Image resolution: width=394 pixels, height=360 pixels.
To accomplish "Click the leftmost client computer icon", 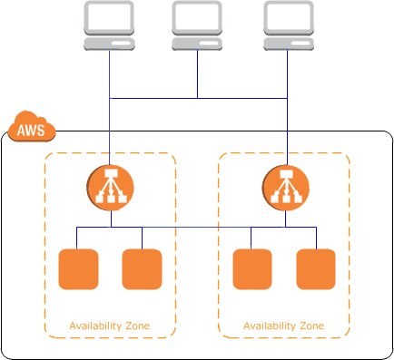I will pos(109,25).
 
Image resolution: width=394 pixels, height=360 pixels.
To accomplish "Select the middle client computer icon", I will pos(198,25).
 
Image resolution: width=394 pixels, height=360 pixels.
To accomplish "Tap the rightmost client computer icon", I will pos(287,25).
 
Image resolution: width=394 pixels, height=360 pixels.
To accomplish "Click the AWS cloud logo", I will pos(32,129).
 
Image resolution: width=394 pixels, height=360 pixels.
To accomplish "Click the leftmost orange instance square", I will pos(78,268).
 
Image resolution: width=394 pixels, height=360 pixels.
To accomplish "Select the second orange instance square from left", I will pos(142,268).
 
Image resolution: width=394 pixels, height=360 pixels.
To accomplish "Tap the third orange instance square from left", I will pos(252,268).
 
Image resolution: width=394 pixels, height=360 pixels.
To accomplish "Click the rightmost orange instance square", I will pos(316,268).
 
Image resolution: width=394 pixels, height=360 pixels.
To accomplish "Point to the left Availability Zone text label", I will pos(110,326).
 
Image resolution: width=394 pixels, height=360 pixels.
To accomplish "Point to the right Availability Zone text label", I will pos(283,326).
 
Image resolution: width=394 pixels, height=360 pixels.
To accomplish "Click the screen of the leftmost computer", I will pos(109,17).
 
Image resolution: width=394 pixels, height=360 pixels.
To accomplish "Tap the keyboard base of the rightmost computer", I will pos(287,42).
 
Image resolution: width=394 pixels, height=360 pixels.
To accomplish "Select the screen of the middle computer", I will pos(198,17).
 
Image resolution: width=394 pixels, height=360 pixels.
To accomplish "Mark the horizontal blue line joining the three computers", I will pos(154,98).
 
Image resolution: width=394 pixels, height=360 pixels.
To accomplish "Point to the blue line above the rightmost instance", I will pos(316,237).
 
